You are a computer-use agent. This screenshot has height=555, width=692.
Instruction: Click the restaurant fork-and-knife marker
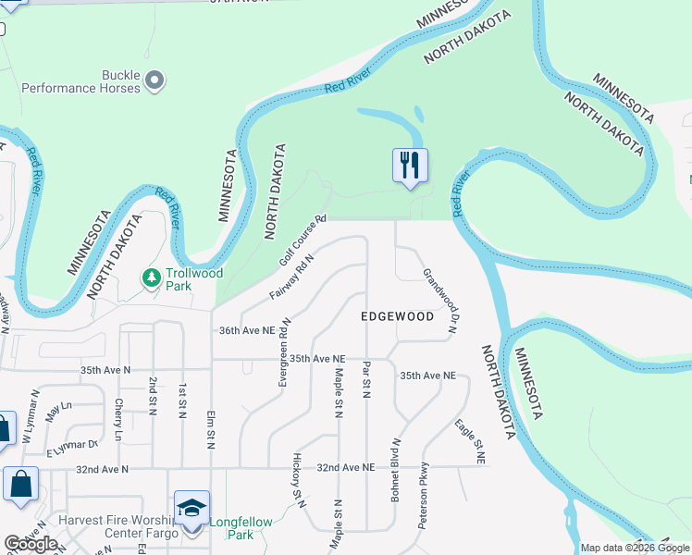point(410,166)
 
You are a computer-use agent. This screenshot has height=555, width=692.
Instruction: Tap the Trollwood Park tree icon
point(151,277)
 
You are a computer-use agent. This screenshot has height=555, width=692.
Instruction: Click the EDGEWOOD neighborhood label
point(397,316)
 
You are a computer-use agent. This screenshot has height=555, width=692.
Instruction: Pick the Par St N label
point(366,380)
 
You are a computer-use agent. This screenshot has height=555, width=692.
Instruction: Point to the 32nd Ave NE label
point(348,468)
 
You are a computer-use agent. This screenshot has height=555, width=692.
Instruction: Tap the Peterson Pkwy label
point(424,495)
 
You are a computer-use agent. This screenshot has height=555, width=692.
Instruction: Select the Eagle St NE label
point(470,441)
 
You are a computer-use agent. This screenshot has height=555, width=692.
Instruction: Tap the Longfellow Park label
point(241,528)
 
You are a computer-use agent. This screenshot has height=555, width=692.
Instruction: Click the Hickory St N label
point(299,480)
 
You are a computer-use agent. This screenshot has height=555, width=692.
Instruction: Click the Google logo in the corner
point(31,544)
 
